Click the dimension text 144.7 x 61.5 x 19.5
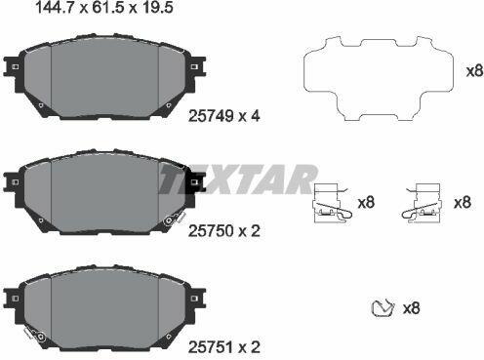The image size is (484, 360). click(x=103, y=8)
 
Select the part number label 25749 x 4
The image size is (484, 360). click(x=224, y=116)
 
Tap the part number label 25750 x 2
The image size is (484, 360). click(x=224, y=231)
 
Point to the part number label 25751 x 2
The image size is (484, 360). click(x=224, y=347)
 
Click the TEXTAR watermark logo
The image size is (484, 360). click(x=237, y=180)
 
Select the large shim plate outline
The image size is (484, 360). click(x=379, y=78)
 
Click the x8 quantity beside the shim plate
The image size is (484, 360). click(x=474, y=71)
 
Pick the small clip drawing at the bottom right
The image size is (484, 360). click(x=383, y=307)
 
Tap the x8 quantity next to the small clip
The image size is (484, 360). click(x=411, y=308)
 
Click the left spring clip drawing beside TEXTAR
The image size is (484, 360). click(x=332, y=203)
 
